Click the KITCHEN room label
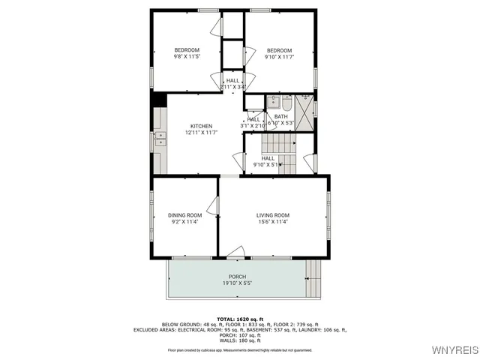click(x=201, y=126)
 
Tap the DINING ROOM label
click(x=184, y=215)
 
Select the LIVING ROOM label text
click(x=273, y=215)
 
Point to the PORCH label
click(x=238, y=277)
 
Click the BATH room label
click(x=280, y=116)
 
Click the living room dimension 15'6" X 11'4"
click(x=273, y=222)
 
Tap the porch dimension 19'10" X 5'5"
click(x=238, y=283)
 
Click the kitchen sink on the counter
click(x=160, y=138)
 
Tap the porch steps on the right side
click(x=315, y=278)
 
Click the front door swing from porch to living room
click(x=236, y=251)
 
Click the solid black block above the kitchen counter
click(x=158, y=99)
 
